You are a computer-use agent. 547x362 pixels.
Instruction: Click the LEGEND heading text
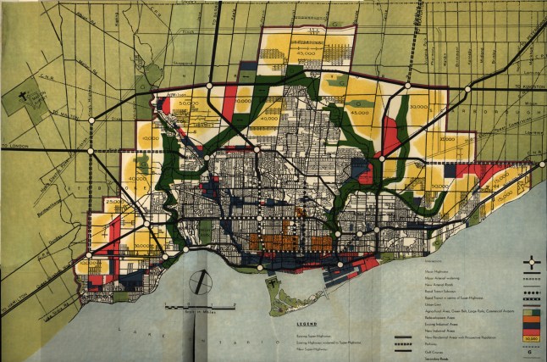pyautogui.click(x=283, y=323)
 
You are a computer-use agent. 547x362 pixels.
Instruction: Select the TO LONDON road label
pyautogui.click(x=15, y=146)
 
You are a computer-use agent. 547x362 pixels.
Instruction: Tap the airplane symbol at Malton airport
pyautogui.click(x=23, y=97)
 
